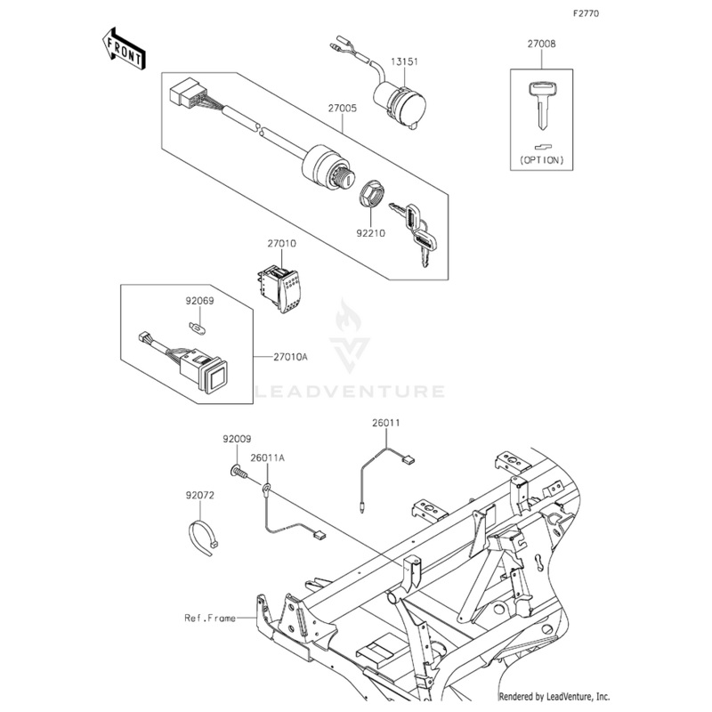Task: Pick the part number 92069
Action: coord(199,301)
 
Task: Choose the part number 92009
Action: coord(237,439)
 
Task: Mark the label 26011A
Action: coord(267,458)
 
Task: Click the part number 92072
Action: coord(200,494)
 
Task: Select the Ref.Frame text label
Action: coord(209,617)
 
